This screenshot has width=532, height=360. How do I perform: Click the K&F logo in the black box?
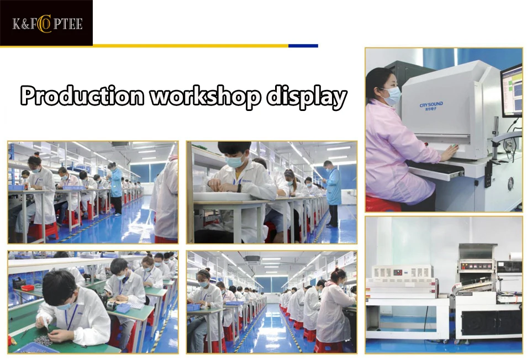[47, 24]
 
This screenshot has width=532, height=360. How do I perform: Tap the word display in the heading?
[307, 97]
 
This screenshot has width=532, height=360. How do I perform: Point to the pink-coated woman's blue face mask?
[392, 96]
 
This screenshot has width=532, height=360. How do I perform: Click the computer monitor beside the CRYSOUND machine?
[512, 91]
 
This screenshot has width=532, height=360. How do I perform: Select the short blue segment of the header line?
[303, 46]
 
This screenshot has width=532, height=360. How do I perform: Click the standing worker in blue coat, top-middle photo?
[333, 193]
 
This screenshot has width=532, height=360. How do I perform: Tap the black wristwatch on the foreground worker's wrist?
[239, 188]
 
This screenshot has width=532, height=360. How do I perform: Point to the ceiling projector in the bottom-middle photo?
[252, 260]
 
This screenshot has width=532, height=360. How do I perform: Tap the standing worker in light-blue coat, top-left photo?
[116, 188]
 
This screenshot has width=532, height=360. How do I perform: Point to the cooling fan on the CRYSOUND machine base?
[510, 184]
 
